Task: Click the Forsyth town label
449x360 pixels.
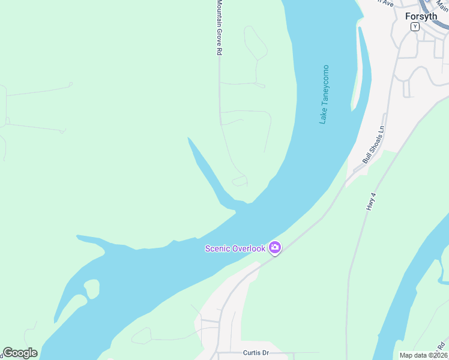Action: (x=421, y=16)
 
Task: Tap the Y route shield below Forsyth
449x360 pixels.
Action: (x=415, y=26)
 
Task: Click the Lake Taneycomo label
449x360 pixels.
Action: (x=324, y=94)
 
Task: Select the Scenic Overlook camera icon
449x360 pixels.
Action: (x=275, y=247)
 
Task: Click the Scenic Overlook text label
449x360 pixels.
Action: (x=235, y=248)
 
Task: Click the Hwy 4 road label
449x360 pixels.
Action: (x=370, y=201)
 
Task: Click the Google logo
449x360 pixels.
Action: (x=20, y=353)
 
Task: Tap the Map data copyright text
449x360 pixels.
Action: (x=423, y=355)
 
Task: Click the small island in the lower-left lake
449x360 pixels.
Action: (x=92, y=288)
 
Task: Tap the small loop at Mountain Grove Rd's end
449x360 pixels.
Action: (x=240, y=181)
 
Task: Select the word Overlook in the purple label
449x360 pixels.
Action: (x=249, y=248)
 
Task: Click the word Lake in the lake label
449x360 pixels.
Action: (x=323, y=116)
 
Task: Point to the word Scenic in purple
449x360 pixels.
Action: (x=218, y=248)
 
